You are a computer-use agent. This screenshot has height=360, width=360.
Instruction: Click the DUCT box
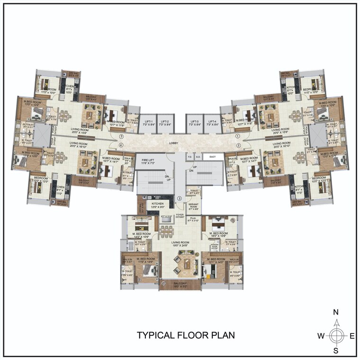[213, 156]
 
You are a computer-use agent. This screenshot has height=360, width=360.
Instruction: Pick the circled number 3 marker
[180, 198]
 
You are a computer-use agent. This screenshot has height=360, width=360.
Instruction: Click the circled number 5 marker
[114, 135]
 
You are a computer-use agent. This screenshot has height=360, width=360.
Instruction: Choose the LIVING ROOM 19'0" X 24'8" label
[180, 244]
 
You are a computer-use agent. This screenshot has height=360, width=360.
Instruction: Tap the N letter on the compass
[335, 312]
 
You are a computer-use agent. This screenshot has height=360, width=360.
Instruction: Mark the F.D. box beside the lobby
[189, 156]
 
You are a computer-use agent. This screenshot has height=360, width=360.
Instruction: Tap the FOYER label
[180, 215]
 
